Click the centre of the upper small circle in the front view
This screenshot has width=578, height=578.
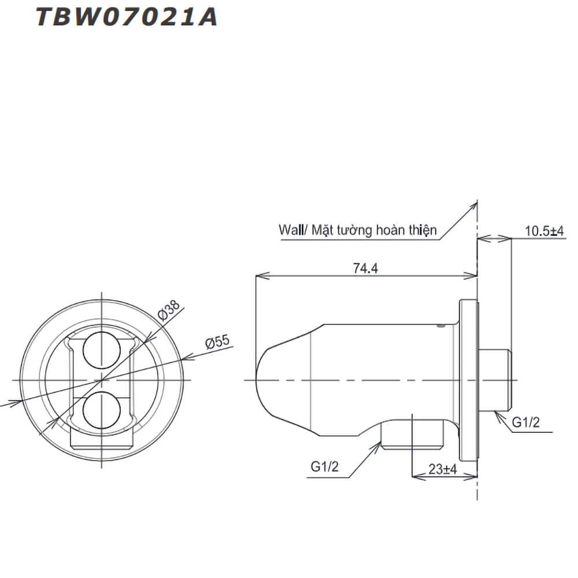click(x=102, y=350)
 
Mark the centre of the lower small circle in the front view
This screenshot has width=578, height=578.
click(x=102, y=410)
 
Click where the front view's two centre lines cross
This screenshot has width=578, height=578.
click(x=102, y=380)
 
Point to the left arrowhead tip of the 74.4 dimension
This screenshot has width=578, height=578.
click(x=256, y=275)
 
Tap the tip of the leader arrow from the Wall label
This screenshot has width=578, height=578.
click(x=477, y=202)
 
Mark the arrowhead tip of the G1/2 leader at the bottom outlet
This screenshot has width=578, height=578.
click(x=381, y=442)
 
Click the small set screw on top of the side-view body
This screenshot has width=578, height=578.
click(x=440, y=325)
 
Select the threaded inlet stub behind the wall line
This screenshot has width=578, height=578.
click(x=494, y=380)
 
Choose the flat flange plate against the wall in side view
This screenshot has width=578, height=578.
click(x=469, y=380)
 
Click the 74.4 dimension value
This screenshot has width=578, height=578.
click(x=365, y=268)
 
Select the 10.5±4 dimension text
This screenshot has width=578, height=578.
click(x=544, y=231)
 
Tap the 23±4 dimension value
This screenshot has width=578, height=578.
click(x=442, y=469)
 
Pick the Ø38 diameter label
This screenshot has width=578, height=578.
click(x=168, y=310)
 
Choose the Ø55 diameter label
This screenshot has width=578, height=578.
click(x=217, y=342)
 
